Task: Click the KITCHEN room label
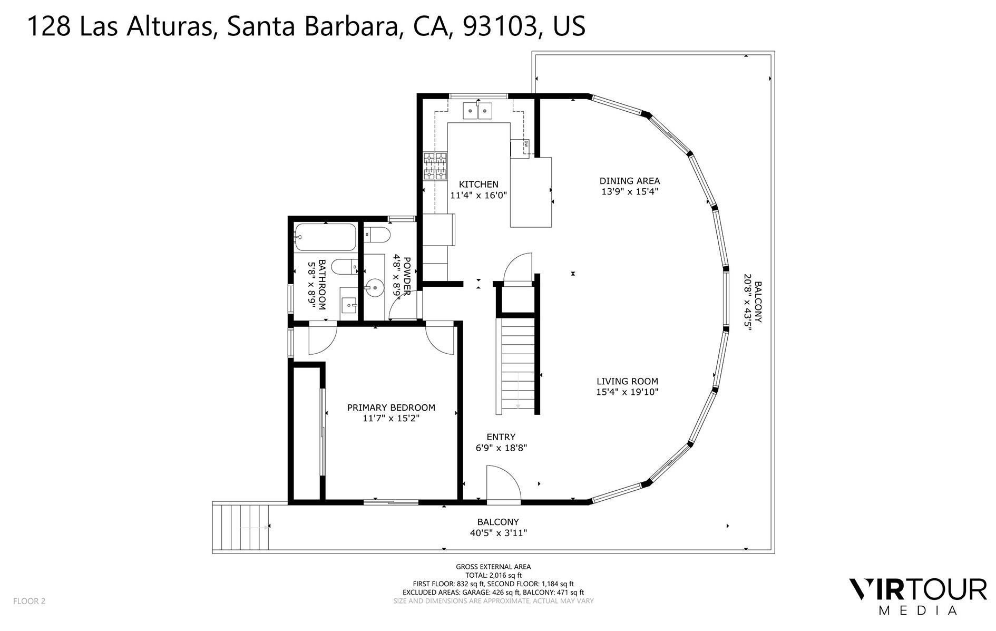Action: point(479,185)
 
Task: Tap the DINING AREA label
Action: point(629,181)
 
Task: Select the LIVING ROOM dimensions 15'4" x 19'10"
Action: point(627,392)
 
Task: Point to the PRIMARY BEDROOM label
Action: point(391,407)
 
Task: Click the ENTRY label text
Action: point(501,437)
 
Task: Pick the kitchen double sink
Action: point(477,111)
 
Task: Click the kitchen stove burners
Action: point(435,166)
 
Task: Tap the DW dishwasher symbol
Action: point(526,144)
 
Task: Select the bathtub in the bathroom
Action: point(325,237)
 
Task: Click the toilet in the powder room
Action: point(377,234)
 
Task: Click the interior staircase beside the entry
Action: point(517,364)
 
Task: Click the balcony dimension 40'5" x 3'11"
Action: point(498,533)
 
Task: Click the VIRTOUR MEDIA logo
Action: point(917,596)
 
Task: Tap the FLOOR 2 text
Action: point(30,601)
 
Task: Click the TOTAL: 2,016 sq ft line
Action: point(493,575)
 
